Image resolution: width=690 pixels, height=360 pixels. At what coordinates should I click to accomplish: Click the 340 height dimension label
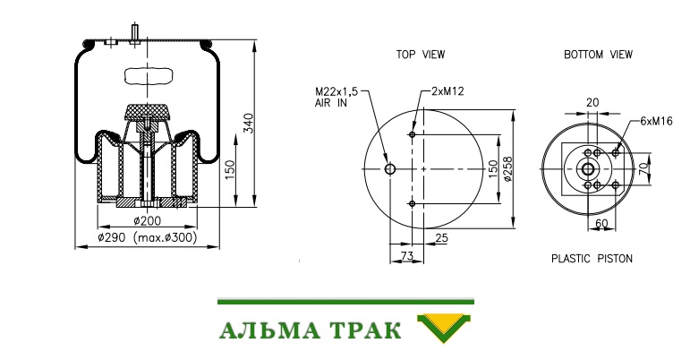point(249,124)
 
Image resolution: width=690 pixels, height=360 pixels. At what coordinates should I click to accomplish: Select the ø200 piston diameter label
point(148,220)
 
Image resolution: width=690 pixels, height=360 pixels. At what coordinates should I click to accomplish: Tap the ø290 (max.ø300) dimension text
point(148,237)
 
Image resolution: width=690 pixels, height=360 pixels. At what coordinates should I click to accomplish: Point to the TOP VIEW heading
point(421,55)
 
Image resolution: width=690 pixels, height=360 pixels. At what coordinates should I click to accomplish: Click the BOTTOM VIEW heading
point(598,55)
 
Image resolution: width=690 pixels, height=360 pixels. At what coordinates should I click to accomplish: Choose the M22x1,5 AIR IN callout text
point(336,98)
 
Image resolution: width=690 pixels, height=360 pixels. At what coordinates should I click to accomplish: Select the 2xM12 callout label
point(447,91)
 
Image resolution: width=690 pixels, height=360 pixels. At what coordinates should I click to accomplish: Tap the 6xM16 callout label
point(656,121)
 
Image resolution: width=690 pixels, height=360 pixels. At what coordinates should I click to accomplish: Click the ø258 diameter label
point(507,169)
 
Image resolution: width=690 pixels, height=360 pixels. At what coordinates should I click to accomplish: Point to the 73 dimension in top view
point(407,256)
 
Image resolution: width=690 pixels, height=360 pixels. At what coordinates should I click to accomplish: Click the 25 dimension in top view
point(441,238)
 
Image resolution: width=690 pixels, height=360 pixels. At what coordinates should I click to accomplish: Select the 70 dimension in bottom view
point(643,168)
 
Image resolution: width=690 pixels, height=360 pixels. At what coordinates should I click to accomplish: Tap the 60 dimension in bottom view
point(601,223)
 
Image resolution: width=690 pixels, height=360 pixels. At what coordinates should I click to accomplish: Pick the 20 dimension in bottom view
point(592,103)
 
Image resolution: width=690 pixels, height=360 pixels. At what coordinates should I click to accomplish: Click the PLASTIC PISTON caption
point(592,258)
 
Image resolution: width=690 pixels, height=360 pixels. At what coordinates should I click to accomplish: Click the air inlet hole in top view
point(390,169)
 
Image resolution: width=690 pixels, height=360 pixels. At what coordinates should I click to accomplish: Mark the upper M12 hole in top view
point(413,134)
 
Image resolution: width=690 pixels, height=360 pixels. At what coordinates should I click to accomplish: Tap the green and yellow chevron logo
point(444,328)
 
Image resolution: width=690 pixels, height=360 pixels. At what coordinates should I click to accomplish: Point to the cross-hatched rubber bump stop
point(147,113)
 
